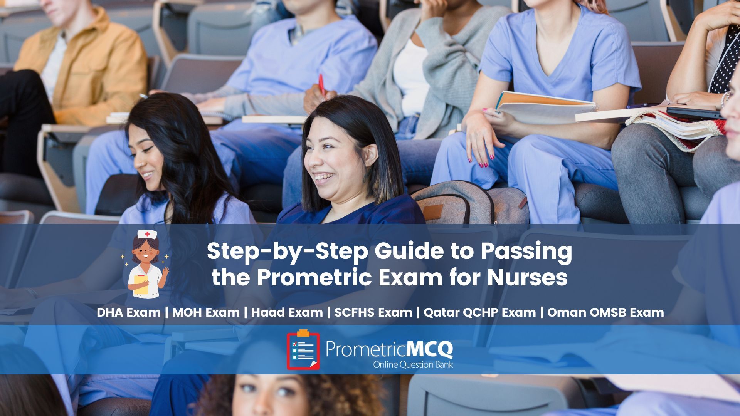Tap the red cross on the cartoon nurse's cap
tap(147, 234)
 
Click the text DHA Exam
tap(128, 312)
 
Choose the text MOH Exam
tap(206, 312)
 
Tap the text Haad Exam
tap(287, 312)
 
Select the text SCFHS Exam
tap(373, 312)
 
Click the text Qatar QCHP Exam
tap(480, 312)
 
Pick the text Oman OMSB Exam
tap(605, 312)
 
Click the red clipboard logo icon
tap(303, 350)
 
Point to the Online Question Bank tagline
tap(413, 364)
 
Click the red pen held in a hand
tap(321, 84)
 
